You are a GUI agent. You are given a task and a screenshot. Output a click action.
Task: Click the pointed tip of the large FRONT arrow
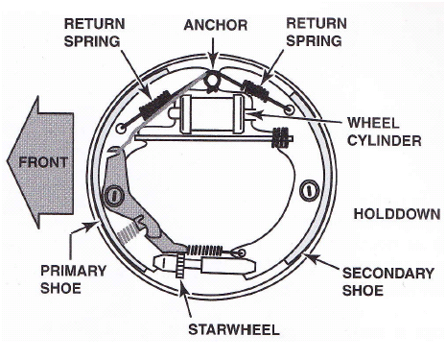pos(5,163)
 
